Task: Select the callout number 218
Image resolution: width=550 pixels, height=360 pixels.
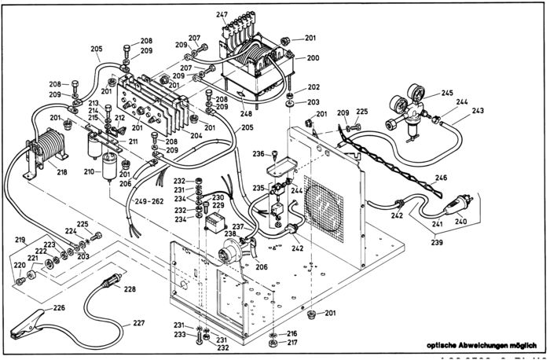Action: click(62, 171)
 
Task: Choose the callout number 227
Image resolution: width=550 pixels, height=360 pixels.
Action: click(138, 323)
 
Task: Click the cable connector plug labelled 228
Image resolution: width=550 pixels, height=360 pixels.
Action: click(112, 280)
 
